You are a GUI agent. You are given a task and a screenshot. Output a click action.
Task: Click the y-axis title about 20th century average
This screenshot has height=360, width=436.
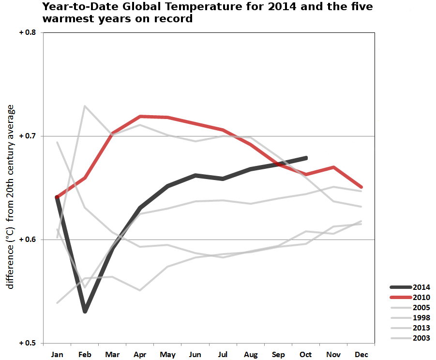tap(11, 197)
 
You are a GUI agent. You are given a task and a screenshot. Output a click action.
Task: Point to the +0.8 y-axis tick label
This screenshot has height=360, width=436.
tap(28, 32)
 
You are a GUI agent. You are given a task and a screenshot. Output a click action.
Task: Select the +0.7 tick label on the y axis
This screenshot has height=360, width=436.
tap(28, 136)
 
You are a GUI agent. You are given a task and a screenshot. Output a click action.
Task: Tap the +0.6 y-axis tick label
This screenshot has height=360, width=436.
tap(28, 240)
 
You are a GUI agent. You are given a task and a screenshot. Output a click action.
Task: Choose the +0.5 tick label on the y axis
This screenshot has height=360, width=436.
tap(28, 343)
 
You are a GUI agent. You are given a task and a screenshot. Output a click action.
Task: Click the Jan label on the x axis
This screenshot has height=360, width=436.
tap(57, 355)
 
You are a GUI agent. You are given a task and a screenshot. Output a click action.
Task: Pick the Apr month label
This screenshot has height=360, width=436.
tap(140, 355)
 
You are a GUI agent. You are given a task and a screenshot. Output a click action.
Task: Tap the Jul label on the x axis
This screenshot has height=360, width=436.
tap(223, 355)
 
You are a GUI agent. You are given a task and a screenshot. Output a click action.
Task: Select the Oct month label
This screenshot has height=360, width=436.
tap(306, 355)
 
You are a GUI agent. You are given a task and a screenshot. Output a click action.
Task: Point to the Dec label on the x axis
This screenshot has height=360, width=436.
tap(361, 355)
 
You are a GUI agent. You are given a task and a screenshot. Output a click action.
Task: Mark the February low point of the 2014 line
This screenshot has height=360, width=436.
tap(85, 311)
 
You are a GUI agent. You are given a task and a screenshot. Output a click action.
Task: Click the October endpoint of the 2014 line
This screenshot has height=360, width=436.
tap(306, 158)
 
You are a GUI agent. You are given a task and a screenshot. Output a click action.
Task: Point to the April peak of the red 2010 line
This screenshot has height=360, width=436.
tap(140, 116)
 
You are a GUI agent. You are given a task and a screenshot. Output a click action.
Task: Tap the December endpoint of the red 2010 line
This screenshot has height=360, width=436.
tap(361, 187)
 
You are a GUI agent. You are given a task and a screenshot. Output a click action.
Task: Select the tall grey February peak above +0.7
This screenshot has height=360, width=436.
tap(85, 105)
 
